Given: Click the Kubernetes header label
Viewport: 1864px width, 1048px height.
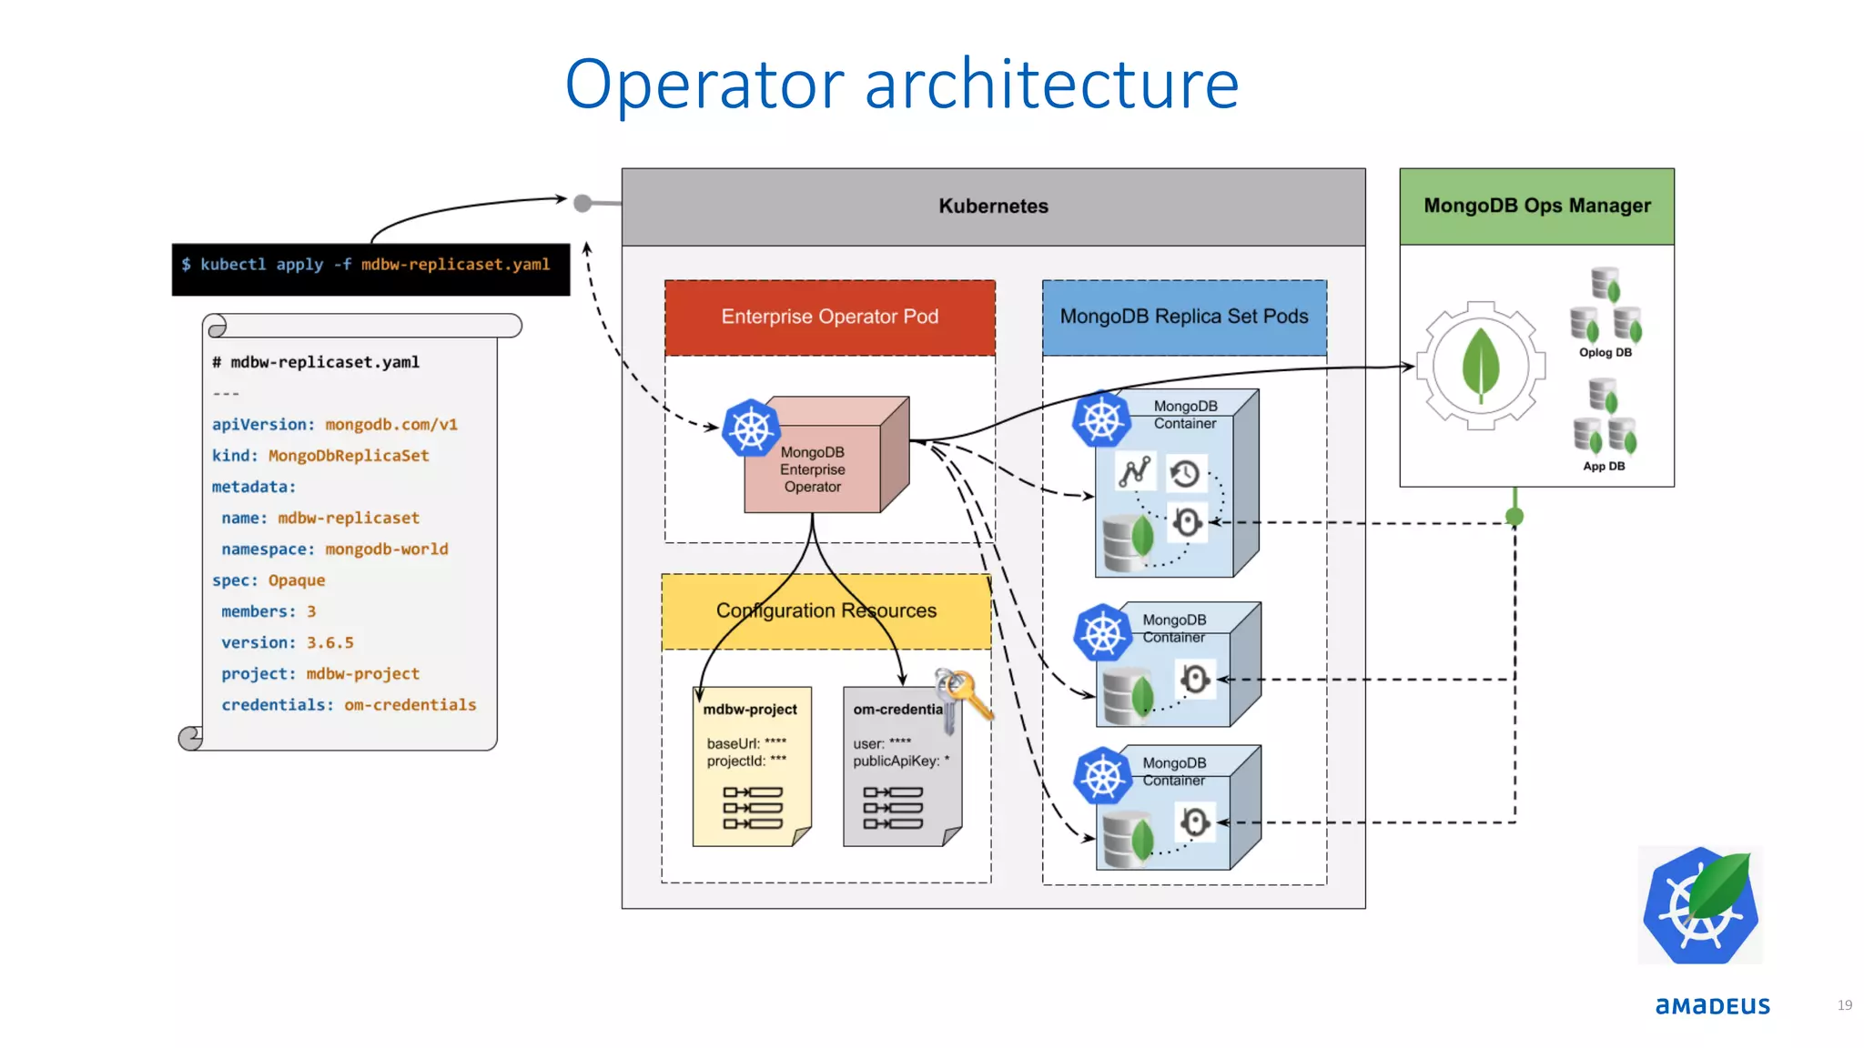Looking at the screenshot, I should (993, 207).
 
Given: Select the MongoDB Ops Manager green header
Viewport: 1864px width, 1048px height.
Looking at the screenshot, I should (1536, 207).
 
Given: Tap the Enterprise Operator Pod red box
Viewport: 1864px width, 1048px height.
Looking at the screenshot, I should (829, 317).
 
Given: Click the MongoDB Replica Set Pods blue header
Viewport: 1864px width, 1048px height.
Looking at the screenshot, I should (1183, 317).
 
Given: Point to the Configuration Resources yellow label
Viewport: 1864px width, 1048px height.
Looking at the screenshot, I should (826, 610).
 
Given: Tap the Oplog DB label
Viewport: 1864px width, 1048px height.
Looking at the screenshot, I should (1605, 353).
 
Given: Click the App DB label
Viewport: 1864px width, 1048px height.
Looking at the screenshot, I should (1603, 467).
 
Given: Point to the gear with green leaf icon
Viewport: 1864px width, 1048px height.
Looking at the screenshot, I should (1481, 366).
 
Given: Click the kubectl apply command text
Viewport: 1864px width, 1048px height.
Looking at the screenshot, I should (366, 265).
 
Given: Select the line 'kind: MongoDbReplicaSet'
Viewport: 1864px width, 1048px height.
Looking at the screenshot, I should (320, 456).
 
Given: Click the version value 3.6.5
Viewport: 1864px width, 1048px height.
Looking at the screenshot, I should (329, 643).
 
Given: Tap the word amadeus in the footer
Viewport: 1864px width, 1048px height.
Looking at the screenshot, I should (1712, 1006).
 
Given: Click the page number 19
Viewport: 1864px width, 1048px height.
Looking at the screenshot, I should (1844, 1005).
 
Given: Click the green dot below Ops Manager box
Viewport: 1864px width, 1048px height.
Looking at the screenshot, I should (1514, 517).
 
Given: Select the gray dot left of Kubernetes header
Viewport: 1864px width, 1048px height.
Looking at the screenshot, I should (582, 203).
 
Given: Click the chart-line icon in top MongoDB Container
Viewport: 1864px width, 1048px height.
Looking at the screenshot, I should (1134, 472).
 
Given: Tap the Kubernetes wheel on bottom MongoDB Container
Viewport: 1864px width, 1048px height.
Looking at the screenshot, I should (1102, 776).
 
